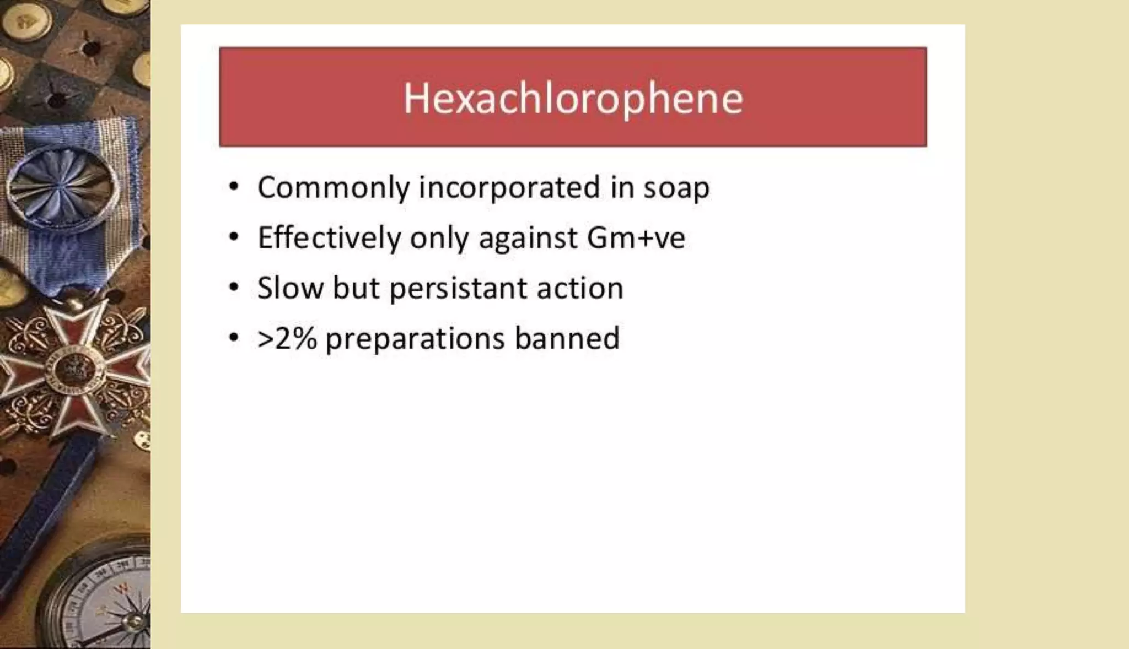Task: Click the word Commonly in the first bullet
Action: pyautogui.click(x=334, y=188)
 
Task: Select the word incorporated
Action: pyautogui.click(x=509, y=188)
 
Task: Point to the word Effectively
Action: pyautogui.click(x=329, y=238)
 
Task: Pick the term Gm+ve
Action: pyautogui.click(x=636, y=238)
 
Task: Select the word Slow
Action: pyautogui.click(x=291, y=288)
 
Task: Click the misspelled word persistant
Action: pyautogui.click(x=458, y=289)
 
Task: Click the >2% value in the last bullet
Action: pyautogui.click(x=287, y=338)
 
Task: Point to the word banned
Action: pyautogui.click(x=567, y=338)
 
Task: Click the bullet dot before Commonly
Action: pyautogui.click(x=234, y=187)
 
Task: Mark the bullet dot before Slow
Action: pyautogui.click(x=234, y=287)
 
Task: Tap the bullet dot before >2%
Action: pyautogui.click(x=234, y=337)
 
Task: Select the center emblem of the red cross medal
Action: pyautogui.click(x=74, y=368)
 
